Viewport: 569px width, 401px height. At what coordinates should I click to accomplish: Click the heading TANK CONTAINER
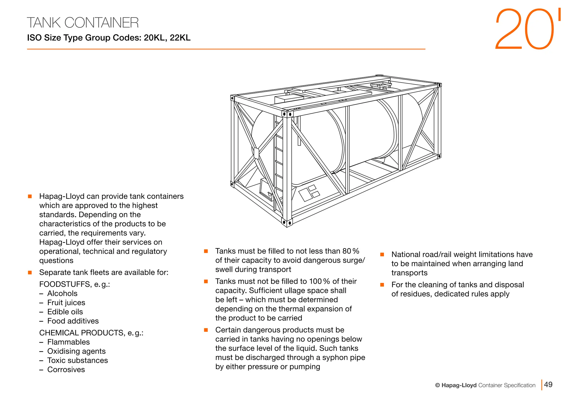(x=83, y=23)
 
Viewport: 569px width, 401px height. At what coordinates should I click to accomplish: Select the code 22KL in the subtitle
(x=180, y=38)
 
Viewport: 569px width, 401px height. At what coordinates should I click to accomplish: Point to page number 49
(x=548, y=385)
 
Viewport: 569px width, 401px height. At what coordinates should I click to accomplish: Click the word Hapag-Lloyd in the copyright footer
(x=459, y=385)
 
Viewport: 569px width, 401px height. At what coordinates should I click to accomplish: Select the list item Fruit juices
(x=66, y=303)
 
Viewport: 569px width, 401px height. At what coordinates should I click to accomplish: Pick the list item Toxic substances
(x=78, y=360)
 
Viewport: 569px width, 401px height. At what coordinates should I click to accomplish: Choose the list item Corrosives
(x=66, y=370)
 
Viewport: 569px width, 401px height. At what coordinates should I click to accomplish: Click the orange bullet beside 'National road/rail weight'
(x=382, y=255)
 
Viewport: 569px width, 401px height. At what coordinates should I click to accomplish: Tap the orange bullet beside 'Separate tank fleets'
(x=30, y=273)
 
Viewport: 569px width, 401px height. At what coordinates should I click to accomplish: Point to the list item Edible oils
(x=65, y=312)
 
